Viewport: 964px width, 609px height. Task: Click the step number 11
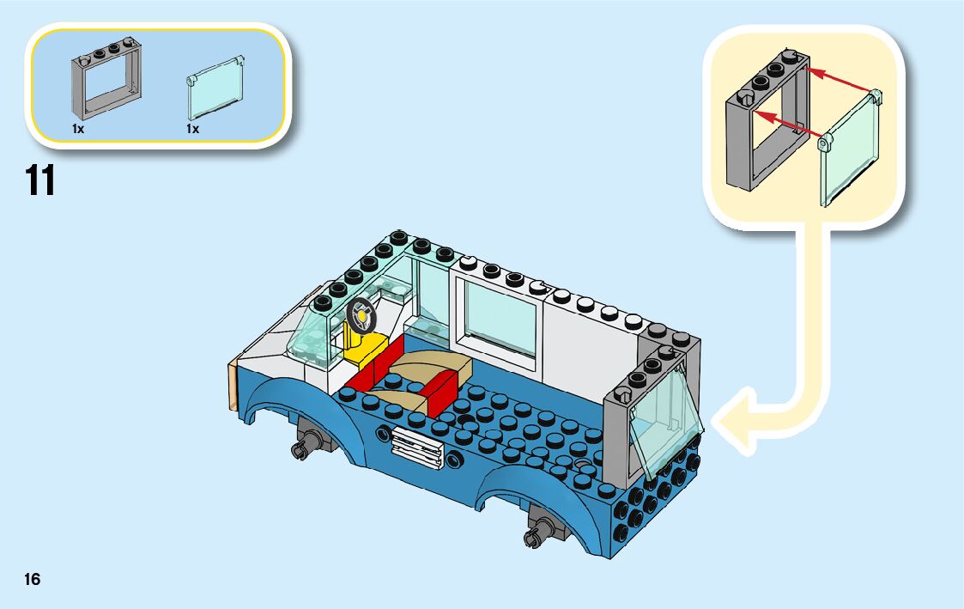(40, 180)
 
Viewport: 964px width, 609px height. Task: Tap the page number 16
(32, 579)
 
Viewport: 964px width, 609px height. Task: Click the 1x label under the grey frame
(78, 128)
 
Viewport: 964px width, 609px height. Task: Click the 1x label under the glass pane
(192, 128)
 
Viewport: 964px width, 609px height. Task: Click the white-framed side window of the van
(500, 317)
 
